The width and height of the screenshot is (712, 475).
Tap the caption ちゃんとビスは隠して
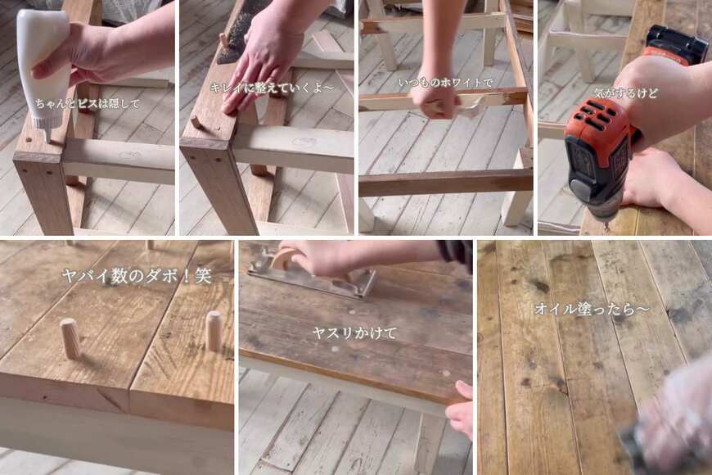(88, 104)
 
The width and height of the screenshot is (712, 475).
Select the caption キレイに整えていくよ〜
(271, 88)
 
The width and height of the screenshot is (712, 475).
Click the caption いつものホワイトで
(445, 83)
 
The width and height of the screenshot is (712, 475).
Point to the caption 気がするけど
(624, 93)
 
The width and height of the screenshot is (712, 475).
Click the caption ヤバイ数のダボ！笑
(137, 276)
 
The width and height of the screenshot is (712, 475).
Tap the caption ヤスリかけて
(354, 333)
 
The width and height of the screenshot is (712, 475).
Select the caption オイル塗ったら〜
(592, 309)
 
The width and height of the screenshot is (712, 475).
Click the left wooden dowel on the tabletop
(70, 337)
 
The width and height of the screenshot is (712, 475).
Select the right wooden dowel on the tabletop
(213, 331)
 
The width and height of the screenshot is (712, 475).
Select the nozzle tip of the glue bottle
(48, 137)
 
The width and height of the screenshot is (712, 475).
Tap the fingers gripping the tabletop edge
(460, 407)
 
